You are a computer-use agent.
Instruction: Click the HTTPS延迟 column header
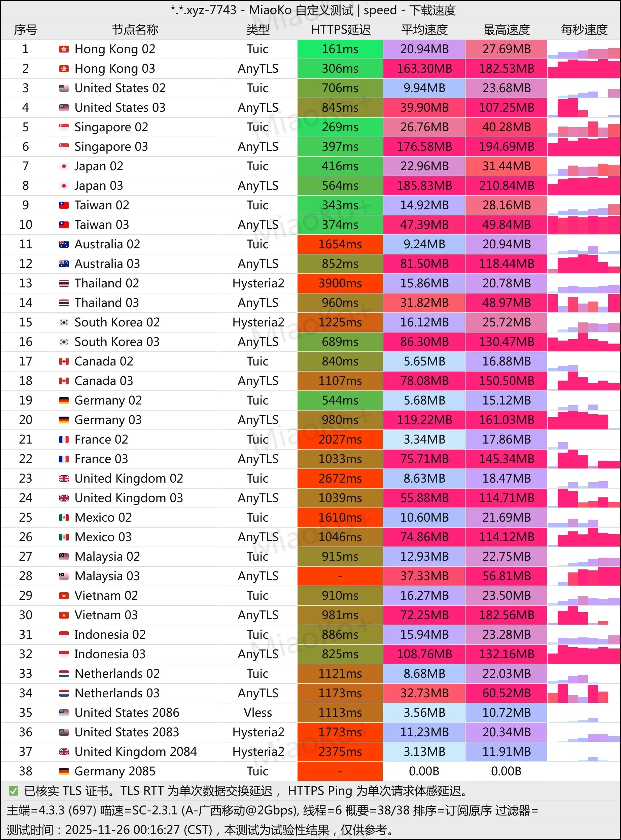point(340,30)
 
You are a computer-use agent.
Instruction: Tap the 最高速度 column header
point(506,30)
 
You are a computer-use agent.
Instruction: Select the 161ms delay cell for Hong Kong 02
point(340,49)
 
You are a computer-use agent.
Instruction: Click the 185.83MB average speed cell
point(424,186)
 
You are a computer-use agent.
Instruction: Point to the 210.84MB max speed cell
point(506,186)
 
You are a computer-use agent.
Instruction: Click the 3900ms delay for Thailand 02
point(340,283)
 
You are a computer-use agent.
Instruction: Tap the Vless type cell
point(257,712)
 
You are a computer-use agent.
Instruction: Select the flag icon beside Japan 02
point(64,166)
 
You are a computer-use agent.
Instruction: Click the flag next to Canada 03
point(64,381)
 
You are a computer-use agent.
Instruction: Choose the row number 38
point(26,771)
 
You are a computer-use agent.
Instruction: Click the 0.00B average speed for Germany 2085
point(424,771)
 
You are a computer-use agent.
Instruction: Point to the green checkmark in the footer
point(13,791)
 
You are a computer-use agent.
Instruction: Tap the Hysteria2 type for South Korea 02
point(258,322)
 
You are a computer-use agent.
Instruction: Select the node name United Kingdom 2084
point(135,752)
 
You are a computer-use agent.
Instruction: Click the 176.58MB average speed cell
point(424,147)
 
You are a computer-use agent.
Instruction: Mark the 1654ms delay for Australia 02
point(340,244)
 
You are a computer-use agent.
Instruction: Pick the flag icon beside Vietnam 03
point(64,615)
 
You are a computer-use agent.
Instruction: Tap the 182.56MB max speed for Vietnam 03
point(506,615)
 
